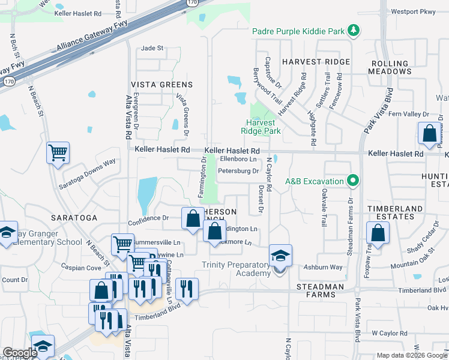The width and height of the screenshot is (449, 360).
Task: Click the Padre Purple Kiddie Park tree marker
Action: pos(354,31)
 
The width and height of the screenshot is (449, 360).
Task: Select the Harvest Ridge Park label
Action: pos(261,127)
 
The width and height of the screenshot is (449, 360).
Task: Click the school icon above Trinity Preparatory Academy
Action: pos(280,256)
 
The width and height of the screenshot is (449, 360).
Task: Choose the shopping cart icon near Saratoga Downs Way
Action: pos(58,153)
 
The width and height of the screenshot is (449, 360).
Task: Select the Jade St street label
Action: pos(152,48)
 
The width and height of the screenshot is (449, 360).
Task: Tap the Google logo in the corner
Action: pos(20,353)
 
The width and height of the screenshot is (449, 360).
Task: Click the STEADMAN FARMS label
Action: pos(321,287)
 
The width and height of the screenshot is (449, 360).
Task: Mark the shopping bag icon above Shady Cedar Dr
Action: pos(378,233)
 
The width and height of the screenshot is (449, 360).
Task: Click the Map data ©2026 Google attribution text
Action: pos(412,355)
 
